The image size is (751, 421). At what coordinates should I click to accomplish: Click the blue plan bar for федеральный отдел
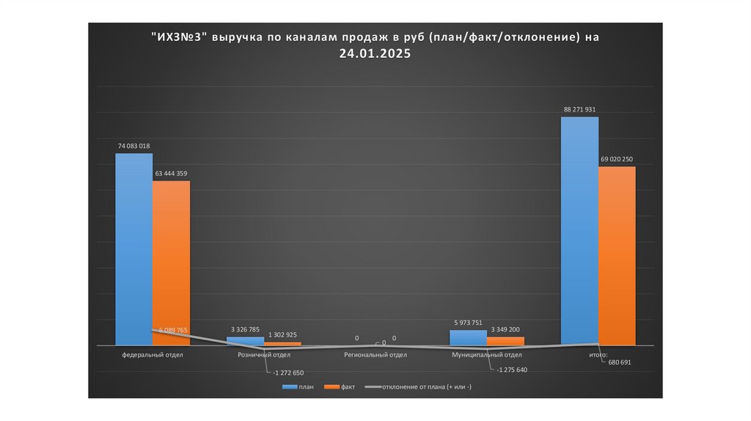point(133,249)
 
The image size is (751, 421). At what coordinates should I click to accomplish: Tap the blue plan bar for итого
point(579,231)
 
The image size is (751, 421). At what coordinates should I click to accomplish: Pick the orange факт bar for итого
point(617,256)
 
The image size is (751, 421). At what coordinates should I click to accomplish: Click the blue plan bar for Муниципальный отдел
point(468,337)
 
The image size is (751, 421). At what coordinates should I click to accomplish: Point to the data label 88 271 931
point(579,109)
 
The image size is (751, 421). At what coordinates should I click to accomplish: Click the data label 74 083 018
point(133,146)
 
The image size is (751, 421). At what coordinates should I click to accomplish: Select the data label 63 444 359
point(172,174)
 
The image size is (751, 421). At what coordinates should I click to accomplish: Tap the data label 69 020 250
point(617,159)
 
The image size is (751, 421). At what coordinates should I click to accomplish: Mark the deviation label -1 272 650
point(288,373)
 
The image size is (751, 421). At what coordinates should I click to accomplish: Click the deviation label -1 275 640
point(511,370)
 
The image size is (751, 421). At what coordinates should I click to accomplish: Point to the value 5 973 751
point(468,323)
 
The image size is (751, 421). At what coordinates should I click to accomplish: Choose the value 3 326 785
point(244,329)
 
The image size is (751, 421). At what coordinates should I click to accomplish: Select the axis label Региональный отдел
point(375,355)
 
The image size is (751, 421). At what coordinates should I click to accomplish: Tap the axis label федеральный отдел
point(153,355)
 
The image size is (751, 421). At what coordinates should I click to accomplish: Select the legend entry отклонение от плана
point(426,387)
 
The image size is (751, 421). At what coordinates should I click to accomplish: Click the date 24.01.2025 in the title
point(375,54)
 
